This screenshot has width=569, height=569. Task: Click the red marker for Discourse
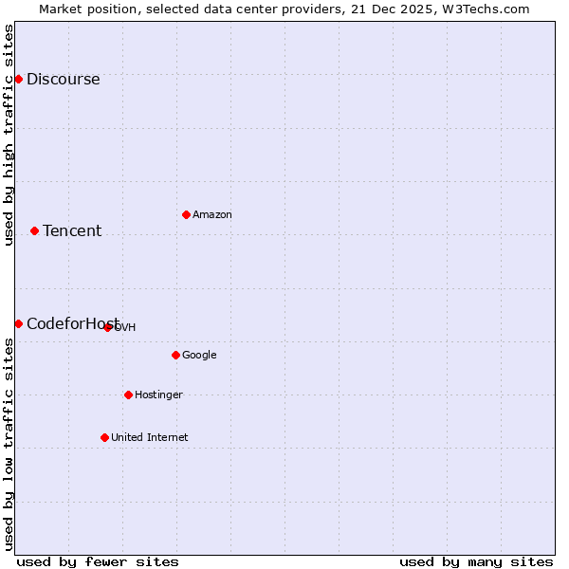tap(18, 79)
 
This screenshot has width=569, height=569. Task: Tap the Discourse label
tap(63, 80)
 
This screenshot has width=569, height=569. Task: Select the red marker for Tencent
tap(34, 230)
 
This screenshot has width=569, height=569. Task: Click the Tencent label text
tap(72, 231)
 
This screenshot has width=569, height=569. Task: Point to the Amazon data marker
tap(186, 214)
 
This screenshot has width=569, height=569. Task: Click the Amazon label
tap(212, 215)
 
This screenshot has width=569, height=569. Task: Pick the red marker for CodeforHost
tap(18, 323)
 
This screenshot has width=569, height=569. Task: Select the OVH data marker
tap(107, 327)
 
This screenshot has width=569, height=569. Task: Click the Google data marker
tap(175, 355)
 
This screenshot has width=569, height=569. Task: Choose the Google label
tap(199, 356)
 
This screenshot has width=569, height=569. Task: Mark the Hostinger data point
tap(128, 395)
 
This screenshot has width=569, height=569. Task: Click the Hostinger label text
tap(158, 395)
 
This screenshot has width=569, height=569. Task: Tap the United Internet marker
tap(104, 437)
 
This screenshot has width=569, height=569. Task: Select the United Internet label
tap(149, 438)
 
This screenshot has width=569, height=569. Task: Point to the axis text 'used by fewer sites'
tap(98, 561)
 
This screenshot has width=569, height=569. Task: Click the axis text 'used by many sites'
tap(476, 561)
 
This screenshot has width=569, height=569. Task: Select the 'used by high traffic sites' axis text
tap(9, 135)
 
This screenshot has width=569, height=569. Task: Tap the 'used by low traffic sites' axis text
tap(9, 444)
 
